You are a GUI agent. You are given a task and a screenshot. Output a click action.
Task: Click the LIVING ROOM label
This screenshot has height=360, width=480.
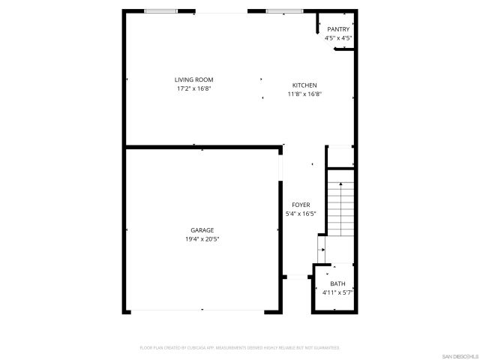(193, 79)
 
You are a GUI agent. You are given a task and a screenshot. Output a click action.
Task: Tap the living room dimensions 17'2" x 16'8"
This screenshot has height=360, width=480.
(193, 88)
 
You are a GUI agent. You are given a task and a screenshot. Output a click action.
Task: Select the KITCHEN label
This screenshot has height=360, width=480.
(304, 85)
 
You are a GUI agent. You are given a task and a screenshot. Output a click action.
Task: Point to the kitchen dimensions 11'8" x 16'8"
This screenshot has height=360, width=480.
(304, 94)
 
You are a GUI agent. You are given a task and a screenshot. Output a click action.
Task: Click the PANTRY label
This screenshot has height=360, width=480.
(338, 29)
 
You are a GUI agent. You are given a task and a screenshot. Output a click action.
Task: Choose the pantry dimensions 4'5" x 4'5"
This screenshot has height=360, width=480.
(338, 37)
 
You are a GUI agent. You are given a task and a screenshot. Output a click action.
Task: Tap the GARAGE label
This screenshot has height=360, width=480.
(202, 230)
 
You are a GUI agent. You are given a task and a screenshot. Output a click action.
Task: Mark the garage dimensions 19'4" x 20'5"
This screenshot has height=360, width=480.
(202, 239)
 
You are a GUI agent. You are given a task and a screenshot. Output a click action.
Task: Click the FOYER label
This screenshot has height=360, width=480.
(301, 205)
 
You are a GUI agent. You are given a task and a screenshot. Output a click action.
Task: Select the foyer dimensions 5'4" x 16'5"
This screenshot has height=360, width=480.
(301, 214)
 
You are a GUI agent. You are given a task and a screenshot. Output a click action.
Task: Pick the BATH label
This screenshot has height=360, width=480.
(337, 284)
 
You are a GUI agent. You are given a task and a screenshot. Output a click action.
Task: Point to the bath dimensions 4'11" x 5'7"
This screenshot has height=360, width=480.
(337, 292)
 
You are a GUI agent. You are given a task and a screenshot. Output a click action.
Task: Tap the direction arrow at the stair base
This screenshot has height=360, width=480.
(322, 248)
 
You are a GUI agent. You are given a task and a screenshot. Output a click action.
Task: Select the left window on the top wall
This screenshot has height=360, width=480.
(161, 11)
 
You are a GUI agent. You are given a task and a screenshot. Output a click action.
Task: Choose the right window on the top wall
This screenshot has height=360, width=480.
(280, 11)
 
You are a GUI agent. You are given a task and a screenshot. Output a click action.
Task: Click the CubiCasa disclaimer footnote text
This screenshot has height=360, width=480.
(240, 348)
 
